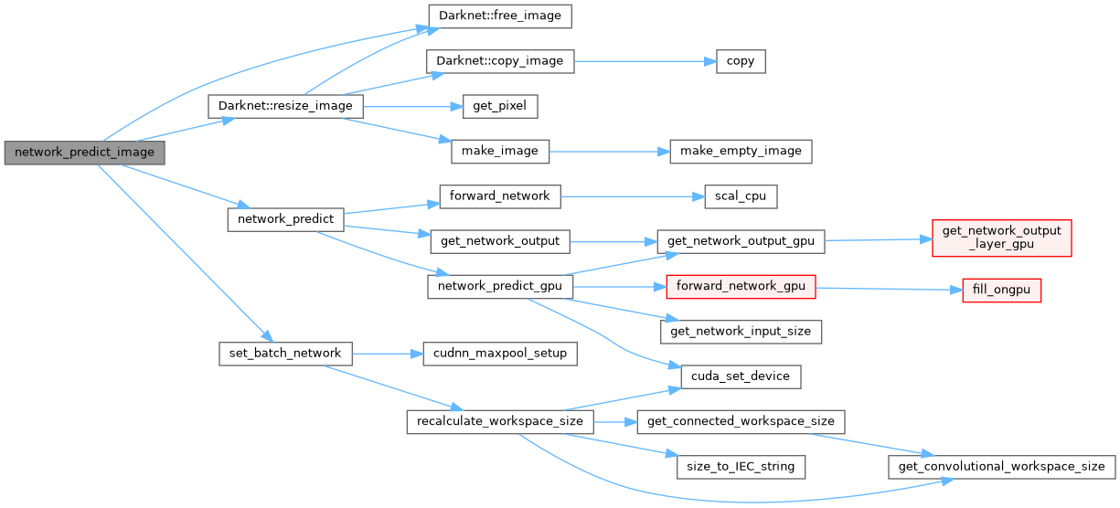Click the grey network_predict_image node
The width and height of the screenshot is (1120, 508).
tap(84, 152)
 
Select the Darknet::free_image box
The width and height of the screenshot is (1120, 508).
tap(499, 16)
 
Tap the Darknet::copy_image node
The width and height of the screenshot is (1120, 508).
tap(499, 61)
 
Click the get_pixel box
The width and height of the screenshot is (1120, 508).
tap(499, 106)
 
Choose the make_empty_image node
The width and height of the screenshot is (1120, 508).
tap(741, 151)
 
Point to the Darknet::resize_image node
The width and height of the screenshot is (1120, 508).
tap(285, 106)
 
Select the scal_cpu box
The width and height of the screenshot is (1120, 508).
tap(741, 196)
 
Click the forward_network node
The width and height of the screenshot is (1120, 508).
tap(499, 196)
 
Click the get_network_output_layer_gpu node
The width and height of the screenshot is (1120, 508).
tap(1001, 237)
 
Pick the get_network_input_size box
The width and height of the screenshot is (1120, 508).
tap(741, 331)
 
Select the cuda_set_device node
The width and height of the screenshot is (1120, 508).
tap(741, 376)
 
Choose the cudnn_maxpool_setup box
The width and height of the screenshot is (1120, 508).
tap(499, 353)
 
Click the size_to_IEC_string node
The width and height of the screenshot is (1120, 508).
tap(741, 466)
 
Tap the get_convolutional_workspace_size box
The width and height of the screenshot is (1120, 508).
tap(1001, 466)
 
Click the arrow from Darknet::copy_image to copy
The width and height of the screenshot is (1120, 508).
tap(640, 61)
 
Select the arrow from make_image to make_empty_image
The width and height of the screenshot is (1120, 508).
tap(608, 151)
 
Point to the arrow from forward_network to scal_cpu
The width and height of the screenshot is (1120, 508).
tap(631, 196)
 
